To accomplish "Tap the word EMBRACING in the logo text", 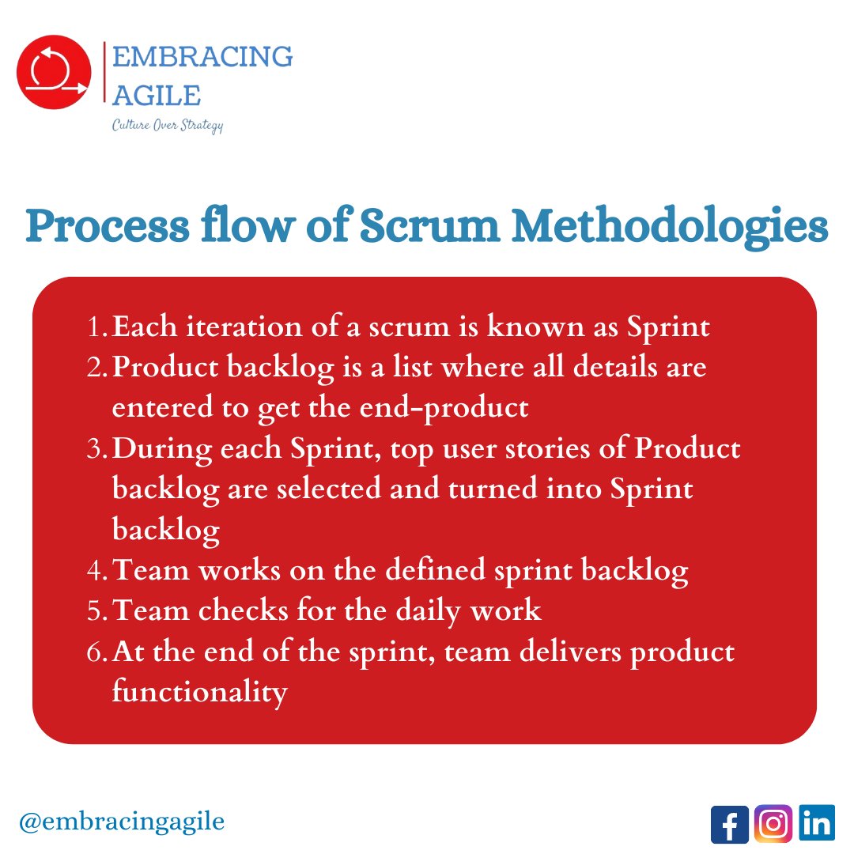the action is click(202, 57).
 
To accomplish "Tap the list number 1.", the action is click(98, 327).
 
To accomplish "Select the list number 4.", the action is click(99, 571).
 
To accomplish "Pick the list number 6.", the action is click(99, 652).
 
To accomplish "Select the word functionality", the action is click(199, 693).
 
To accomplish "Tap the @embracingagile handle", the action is click(121, 822).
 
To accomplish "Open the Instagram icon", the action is click(773, 824).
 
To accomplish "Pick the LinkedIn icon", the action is click(816, 824).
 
